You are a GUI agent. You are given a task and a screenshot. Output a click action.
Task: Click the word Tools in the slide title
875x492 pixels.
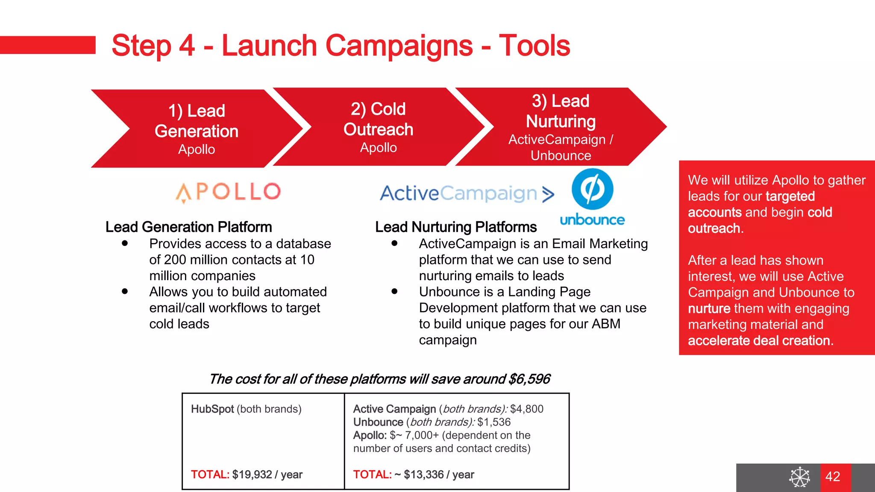[534, 46]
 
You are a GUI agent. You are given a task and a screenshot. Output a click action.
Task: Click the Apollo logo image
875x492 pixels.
[228, 192]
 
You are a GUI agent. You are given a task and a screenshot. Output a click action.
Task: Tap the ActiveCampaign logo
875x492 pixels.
[467, 193]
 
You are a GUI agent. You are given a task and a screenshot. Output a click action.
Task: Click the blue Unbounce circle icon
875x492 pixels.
[592, 189]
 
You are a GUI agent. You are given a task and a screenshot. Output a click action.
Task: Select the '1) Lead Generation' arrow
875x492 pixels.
[197, 128]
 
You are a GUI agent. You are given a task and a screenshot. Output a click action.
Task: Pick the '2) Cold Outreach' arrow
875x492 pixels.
[379, 127]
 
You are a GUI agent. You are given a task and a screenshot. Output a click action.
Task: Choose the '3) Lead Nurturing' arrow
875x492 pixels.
[561, 127]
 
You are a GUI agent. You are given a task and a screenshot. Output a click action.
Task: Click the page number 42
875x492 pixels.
[833, 476]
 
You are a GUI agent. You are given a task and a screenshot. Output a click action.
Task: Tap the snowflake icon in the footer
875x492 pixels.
[799, 477]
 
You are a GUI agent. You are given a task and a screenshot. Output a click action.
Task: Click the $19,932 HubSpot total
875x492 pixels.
[252, 474]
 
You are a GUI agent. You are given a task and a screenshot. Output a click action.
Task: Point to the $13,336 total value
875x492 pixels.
[423, 474]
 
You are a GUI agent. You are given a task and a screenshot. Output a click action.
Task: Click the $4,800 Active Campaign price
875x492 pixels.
[526, 409]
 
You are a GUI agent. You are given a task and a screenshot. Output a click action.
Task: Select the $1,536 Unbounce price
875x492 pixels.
[494, 422]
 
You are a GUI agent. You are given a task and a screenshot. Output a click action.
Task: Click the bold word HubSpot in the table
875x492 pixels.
[212, 409]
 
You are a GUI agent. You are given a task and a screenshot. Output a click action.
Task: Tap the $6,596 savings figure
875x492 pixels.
[529, 379]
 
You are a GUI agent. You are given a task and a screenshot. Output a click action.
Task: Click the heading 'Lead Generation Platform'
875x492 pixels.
[188, 227]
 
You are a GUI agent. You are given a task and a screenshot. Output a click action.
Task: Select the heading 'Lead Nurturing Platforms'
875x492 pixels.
[456, 227]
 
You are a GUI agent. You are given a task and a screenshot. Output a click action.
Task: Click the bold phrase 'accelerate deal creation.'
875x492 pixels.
[760, 340]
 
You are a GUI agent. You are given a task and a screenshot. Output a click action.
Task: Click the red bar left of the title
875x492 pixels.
[47, 45]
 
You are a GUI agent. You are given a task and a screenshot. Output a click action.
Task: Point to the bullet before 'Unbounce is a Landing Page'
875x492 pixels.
[394, 291]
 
